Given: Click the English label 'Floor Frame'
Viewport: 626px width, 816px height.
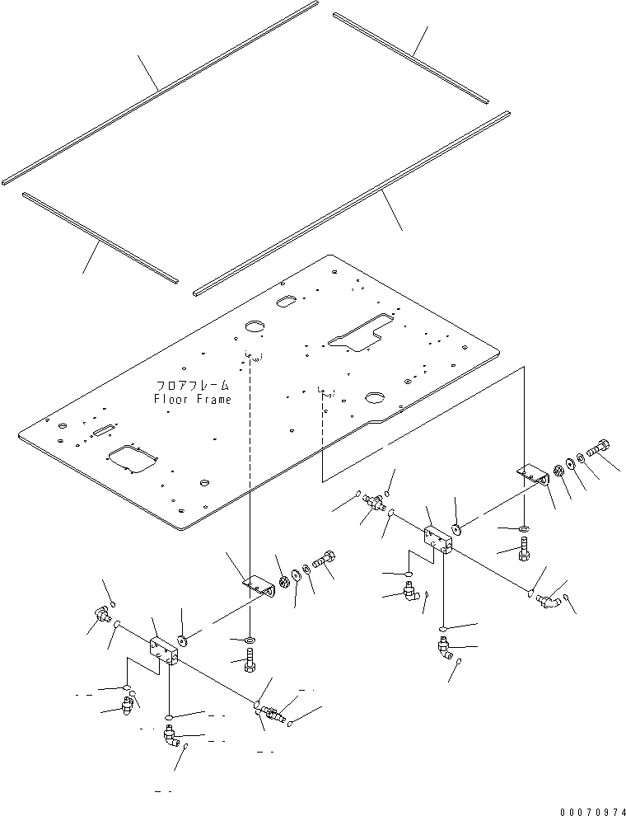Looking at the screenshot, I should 192,399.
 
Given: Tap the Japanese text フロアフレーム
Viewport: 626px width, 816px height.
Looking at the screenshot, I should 192,385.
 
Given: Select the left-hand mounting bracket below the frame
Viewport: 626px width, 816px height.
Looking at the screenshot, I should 256,582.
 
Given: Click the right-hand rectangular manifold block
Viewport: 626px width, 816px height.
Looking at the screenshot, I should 441,537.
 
